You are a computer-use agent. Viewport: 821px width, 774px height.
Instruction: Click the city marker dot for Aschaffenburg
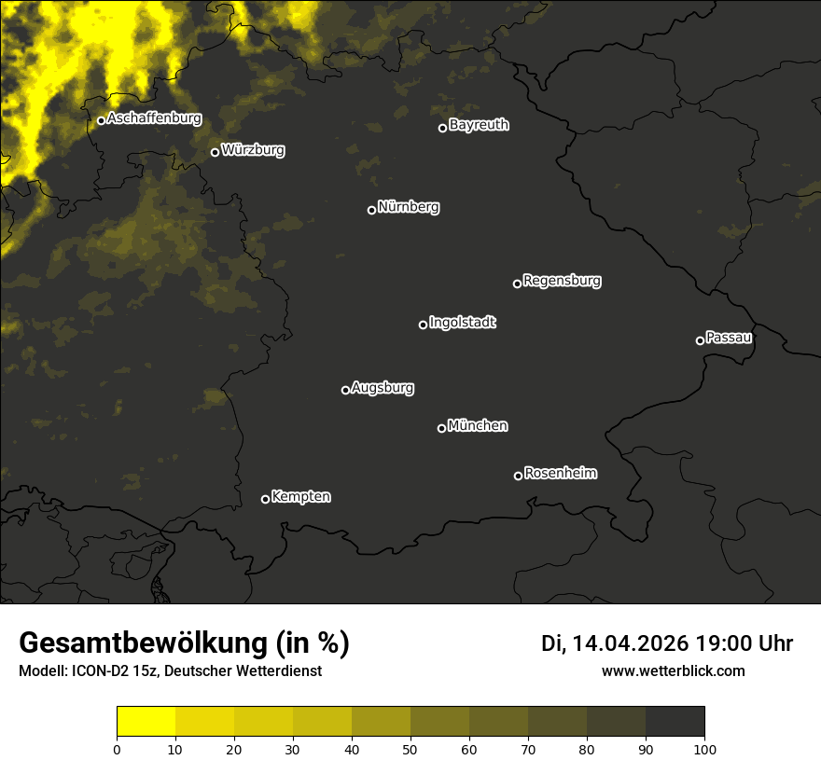point(101,120)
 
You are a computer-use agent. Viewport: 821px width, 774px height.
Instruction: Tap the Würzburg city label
point(253,149)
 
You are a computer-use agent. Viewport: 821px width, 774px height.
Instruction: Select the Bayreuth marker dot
point(443,128)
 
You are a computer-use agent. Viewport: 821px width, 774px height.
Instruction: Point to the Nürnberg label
point(409,207)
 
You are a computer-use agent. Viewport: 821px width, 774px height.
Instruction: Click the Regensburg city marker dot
point(517,283)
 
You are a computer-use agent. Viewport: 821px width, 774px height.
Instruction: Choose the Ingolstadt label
point(463,323)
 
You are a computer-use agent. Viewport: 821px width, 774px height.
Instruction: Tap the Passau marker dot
point(700,340)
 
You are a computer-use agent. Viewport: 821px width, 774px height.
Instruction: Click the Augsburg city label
point(383,387)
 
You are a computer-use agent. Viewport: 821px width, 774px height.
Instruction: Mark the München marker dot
point(441,428)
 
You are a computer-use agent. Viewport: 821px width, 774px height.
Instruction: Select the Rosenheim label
point(561,473)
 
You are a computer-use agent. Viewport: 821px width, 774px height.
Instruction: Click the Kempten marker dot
point(265,499)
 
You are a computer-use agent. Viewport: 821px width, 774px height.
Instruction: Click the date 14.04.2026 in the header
point(630,643)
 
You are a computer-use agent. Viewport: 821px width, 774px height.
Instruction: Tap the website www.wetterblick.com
point(674,670)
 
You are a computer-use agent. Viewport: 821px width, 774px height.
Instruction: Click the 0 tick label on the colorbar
point(117,749)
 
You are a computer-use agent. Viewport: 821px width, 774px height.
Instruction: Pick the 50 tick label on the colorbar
point(410,749)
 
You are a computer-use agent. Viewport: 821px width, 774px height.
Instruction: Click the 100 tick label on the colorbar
point(704,749)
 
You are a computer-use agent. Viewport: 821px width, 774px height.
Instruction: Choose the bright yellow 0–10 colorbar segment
point(146,722)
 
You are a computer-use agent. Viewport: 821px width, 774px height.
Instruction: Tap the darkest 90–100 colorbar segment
point(675,722)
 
